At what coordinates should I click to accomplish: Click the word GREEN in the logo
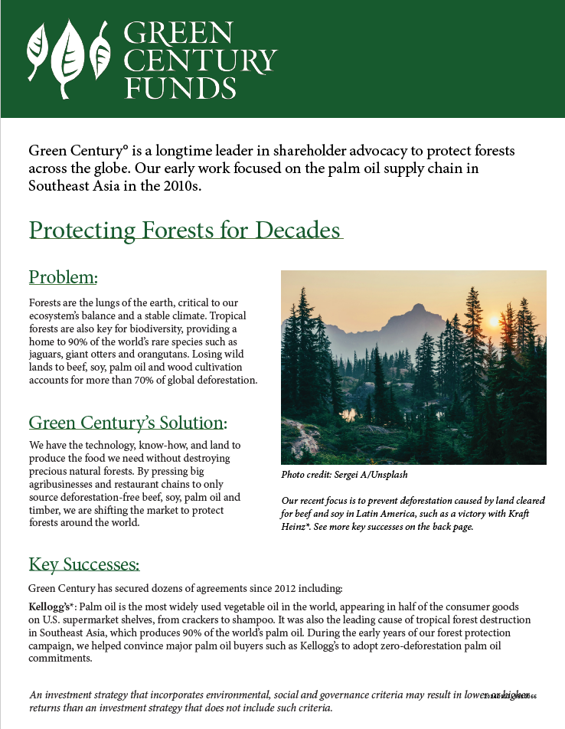tap(178, 32)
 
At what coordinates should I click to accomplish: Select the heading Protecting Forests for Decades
tap(185, 230)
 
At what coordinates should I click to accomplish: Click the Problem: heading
tap(64, 276)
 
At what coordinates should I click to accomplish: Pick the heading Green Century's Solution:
tap(128, 423)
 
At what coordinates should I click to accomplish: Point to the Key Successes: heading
tap(84, 565)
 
